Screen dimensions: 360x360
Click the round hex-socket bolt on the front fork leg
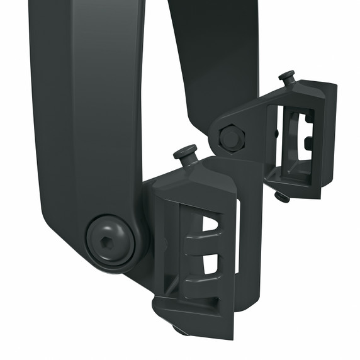(111, 240)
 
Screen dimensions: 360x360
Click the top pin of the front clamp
(185, 152)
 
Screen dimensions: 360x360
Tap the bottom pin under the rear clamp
(282, 197)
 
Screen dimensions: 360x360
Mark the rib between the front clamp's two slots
(205, 245)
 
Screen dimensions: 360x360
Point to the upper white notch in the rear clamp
(308, 118)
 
